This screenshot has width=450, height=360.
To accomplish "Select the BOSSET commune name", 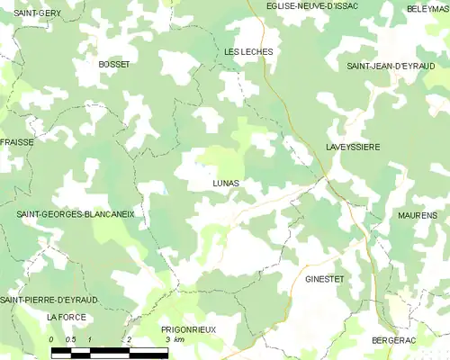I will click(x=113, y=64).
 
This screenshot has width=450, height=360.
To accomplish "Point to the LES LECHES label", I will click(x=248, y=52).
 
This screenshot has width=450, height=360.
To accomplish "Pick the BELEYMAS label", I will click(x=427, y=8).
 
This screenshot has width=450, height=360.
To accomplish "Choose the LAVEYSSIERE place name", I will click(x=352, y=146).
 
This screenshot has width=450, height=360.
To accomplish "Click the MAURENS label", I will click(x=417, y=215).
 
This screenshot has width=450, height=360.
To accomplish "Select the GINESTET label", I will click(x=325, y=279).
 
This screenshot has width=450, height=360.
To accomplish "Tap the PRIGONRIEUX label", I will click(x=187, y=329).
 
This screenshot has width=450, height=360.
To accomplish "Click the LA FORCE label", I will click(x=65, y=318).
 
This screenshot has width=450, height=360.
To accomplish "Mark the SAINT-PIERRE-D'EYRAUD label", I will click(x=49, y=299).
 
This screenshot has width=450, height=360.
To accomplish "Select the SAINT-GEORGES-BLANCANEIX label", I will click(x=76, y=214).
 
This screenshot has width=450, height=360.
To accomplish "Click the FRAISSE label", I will click(x=17, y=142).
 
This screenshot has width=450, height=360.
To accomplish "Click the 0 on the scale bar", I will click(x=51, y=339).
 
